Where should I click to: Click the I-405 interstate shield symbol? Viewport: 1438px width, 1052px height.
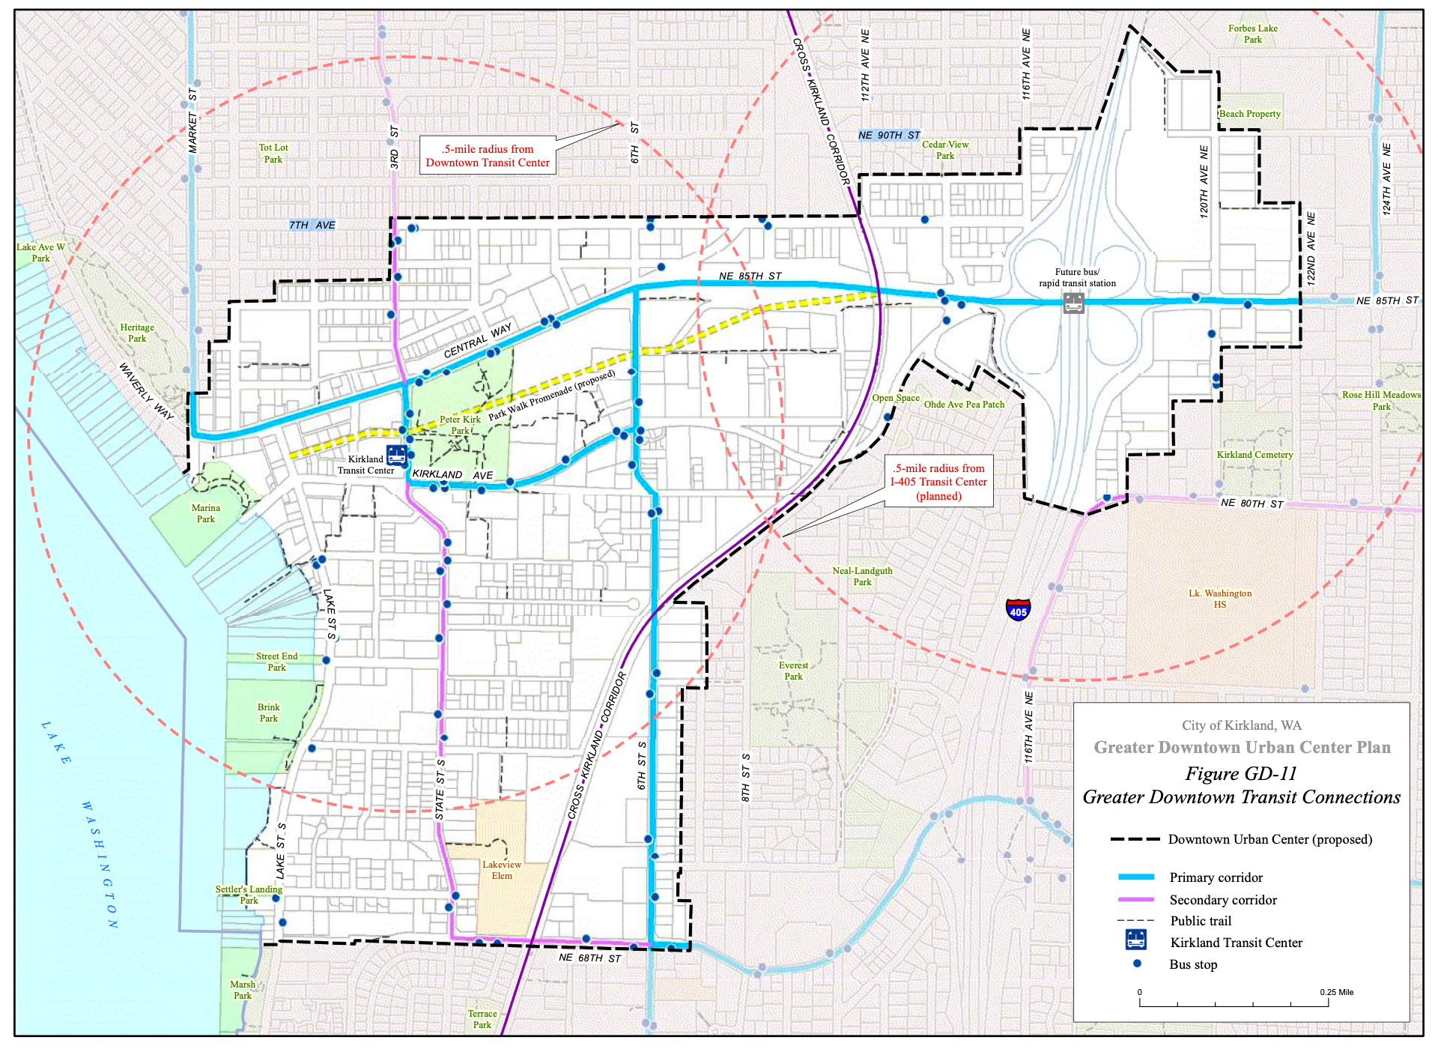coord(1018,609)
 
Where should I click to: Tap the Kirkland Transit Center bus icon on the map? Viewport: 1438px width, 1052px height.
coord(396,455)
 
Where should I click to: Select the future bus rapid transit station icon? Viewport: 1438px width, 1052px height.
coord(1073,303)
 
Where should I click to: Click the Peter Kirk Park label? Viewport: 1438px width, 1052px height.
coord(460,425)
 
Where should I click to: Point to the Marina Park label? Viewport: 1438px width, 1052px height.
coord(205,513)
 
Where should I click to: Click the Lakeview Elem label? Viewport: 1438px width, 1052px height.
coord(501,870)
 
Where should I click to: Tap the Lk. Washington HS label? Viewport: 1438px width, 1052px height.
coord(1219,599)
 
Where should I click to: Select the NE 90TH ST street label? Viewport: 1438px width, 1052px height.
coord(889,135)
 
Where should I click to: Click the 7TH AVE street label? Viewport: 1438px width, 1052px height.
coord(312,225)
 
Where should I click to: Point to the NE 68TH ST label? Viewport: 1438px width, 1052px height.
coord(589,958)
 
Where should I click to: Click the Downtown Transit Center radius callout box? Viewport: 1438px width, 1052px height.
coord(488,156)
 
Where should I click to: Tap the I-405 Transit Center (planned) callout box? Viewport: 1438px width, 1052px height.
coord(938,482)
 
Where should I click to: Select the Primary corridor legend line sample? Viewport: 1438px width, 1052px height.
coord(1135,877)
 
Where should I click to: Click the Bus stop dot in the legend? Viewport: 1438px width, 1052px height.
coord(1137,964)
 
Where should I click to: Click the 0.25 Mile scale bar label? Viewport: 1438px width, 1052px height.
coord(1336,992)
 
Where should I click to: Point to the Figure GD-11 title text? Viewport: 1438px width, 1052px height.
coord(1240,773)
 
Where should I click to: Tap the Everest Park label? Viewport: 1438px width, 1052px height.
coord(793,671)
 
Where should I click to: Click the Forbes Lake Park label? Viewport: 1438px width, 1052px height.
coord(1252,34)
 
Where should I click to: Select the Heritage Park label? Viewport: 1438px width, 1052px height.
coord(137,333)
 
